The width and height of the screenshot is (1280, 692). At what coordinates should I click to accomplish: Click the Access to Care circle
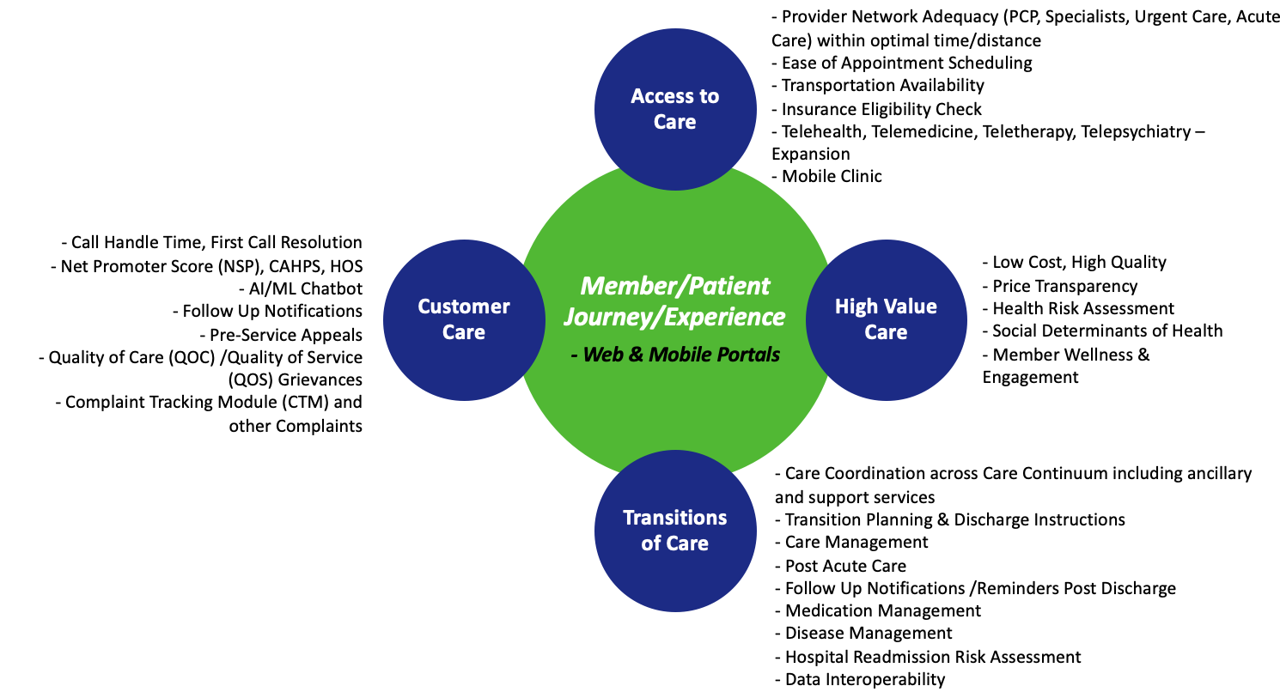[x=674, y=109]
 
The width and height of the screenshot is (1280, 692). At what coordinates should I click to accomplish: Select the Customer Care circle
[x=464, y=319]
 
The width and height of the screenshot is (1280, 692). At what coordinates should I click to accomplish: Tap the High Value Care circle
[x=886, y=319]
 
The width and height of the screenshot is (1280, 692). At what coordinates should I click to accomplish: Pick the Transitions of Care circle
[x=674, y=530]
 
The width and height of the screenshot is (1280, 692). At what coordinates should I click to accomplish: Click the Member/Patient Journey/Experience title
[x=674, y=300]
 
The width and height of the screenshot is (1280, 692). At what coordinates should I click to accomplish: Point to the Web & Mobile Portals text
[x=674, y=353]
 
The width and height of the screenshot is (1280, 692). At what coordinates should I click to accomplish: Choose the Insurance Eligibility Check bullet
[x=881, y=109]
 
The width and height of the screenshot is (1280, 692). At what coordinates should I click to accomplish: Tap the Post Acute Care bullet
[x=845, y=566]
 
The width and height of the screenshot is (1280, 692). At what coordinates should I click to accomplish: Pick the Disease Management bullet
[x=869, y=633]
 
